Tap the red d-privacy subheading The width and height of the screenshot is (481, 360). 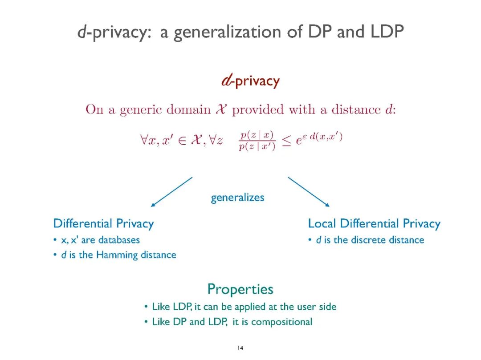(250, 81)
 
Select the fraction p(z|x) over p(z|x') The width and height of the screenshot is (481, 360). (257, 141)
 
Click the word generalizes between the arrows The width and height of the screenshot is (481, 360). (237, 198)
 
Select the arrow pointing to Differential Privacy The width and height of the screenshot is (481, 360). (171, 192)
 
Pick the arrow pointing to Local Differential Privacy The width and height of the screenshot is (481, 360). (309, 192)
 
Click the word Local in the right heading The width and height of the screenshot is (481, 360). (322, 223)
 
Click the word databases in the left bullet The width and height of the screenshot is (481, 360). (119, 240)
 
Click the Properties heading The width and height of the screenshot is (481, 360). (240, 289)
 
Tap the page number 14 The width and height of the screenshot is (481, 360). (240, 348)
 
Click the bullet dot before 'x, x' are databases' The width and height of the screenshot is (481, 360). (55, 240)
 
